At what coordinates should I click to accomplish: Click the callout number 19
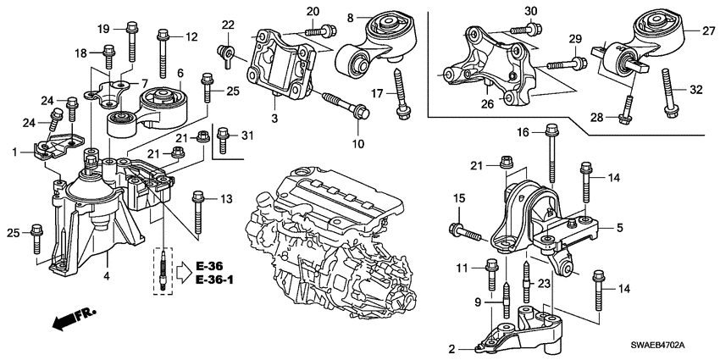[103, 29]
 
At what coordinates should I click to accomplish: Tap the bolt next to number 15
[462, 228]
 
